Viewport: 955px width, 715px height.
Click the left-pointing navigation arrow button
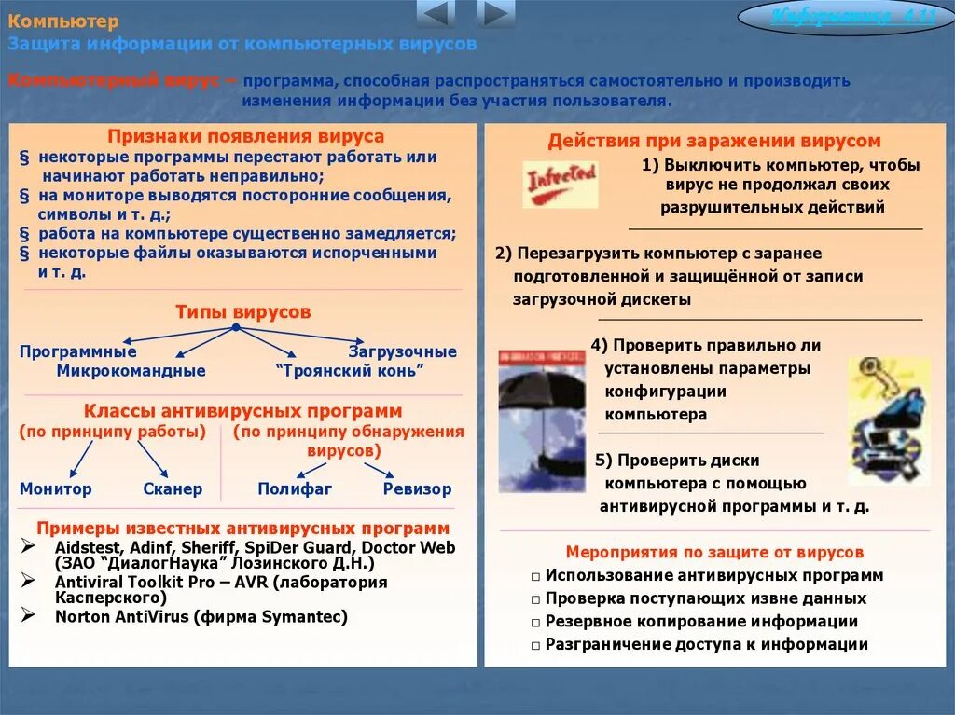[x=436, y=14]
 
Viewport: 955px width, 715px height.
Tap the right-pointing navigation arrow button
[x=496, y=14]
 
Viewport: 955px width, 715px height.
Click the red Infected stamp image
[x=560, y=183]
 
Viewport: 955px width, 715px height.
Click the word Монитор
[x=56, y=488]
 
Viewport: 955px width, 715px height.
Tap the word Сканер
[x=173, y=488]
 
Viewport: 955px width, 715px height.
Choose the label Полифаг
[x=295, y=488]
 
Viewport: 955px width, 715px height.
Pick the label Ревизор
[x=417, y=488]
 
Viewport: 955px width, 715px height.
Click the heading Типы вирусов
[x=243, y=312]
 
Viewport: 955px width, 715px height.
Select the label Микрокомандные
[x=131, y=370]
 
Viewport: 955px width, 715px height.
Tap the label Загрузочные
[x=403, y=351]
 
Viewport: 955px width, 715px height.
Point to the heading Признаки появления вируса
[x=245, y=136]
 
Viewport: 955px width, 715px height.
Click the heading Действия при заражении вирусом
[x=713, y=141]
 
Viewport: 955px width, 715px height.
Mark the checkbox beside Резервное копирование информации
[x=536, y=623]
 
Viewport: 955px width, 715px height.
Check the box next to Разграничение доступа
[x=536, y=645]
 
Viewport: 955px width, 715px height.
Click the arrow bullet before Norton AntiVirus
[x=28, y=615]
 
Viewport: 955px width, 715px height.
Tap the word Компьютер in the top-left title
[x=64, y=22]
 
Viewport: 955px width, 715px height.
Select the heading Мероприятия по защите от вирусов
[x=714, y=552]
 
